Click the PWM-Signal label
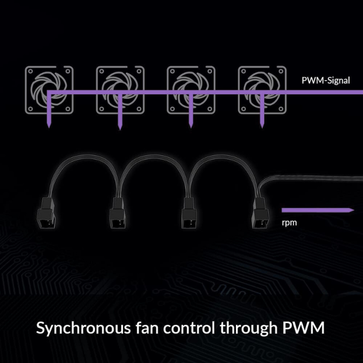(x=326, y=81)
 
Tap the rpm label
(x=289, y=223)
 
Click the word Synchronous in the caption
(x=84, y=329)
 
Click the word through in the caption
(x=249, y=329)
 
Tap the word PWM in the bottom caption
(x=304, y=328)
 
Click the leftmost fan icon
(x=49, y=90)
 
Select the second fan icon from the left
(x=120, y=90)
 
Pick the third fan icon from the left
(x=191, y=90)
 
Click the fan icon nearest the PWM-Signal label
(x=262, y=90)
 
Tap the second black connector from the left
(x=118, y=213)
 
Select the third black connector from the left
(x=189, y=213)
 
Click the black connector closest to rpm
(x=260, y=213)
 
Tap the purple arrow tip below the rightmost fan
(x=262, y=128)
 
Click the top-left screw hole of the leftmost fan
(x=30, y=71)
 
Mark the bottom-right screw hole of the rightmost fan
(x=281, y=109)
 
